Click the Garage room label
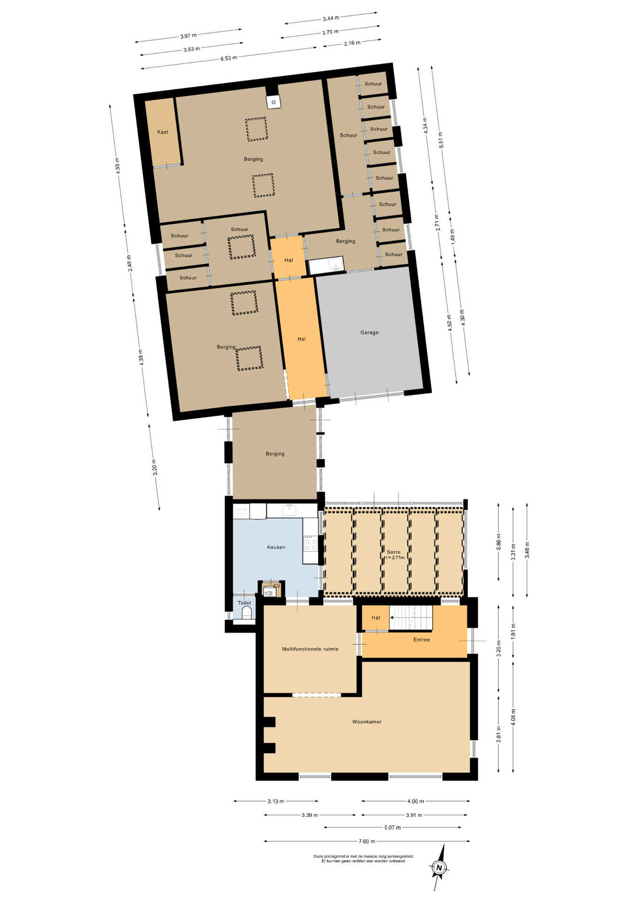369,333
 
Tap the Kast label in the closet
163,132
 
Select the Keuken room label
276,547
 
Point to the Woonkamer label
367,721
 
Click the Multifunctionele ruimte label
310,649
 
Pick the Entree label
421,640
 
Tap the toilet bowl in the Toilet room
246,613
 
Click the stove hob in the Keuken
311,543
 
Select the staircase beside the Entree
411,618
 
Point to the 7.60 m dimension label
367,841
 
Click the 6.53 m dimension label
229,58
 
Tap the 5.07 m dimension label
392,827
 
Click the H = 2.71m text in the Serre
394,558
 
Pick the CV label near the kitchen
276,586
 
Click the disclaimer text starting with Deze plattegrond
364,859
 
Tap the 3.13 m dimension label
276,801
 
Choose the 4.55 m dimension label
118,166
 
